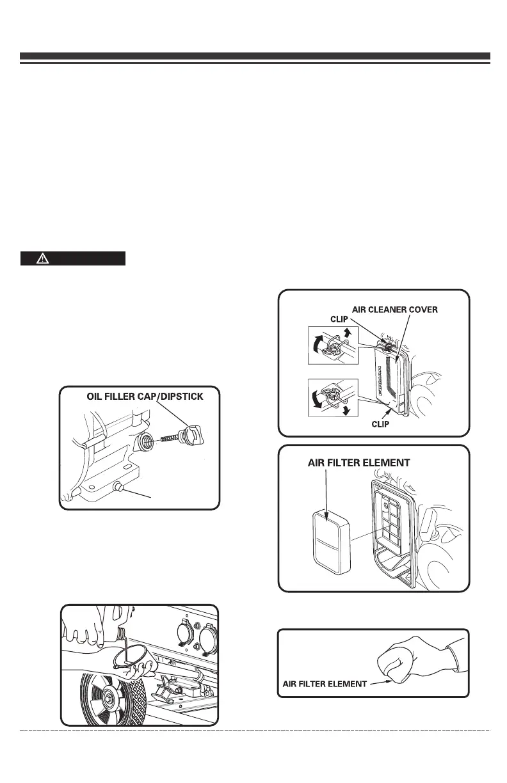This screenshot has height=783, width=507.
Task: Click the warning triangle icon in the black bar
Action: (x=42, y=258)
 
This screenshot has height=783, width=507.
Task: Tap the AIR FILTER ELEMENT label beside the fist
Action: (x=325, y=683)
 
